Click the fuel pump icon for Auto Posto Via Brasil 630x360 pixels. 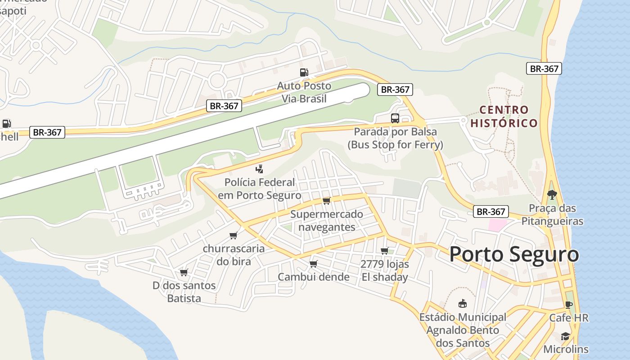point(304,72)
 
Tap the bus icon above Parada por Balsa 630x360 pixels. point(395,118)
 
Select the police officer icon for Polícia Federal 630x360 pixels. point(259,170)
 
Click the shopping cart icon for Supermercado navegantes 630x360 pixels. point(326,201)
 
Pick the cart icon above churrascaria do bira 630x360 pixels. point(233,235)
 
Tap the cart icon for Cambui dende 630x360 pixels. point(313,264)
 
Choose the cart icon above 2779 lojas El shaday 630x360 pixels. point(384,251)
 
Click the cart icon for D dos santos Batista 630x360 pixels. point(184,272)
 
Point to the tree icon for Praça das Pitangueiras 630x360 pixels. point(552,195)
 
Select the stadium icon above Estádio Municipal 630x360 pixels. point(462,304)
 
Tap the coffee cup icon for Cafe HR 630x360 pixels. point(568,305)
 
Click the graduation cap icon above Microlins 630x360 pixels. point(565,336)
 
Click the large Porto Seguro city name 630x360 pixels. point(514,254)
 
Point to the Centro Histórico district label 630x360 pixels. point(504,117)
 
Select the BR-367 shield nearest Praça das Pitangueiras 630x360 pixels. point(490,211)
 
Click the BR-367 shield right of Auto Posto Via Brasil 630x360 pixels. point(395,90)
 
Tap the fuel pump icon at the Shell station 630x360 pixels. point(6,123)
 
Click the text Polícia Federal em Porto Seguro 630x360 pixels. point(260,189)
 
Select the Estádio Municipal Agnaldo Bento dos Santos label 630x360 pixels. point(463,330)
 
